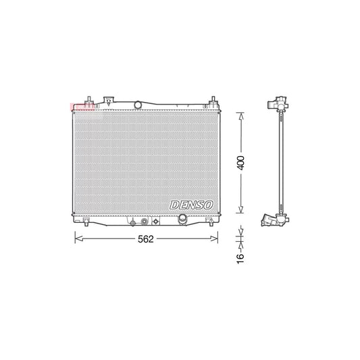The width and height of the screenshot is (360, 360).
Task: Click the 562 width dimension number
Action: pos(145,238)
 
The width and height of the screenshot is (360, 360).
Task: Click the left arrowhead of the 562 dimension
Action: pos(76,238)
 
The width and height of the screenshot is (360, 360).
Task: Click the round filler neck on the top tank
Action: pos(138,104)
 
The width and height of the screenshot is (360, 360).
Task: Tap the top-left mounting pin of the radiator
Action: pos(87,99)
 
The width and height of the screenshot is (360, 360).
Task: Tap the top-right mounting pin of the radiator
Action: pos(213,99)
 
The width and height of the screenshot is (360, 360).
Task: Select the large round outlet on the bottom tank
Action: pos(181,220)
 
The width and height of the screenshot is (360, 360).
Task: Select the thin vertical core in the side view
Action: pos(282,162)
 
